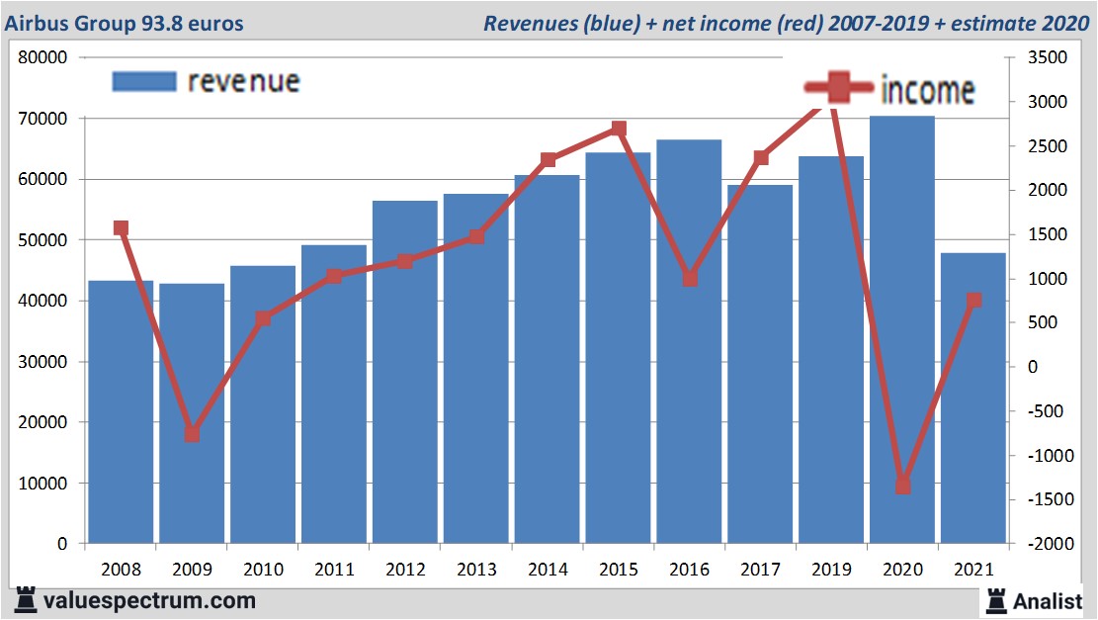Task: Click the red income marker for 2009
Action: (193, 434)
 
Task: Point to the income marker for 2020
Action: (902, 486)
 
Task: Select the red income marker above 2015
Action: (619, 129)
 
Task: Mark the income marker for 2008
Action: (122, 228)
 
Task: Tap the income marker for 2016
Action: (690, 279)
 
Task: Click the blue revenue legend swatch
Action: (143, 81)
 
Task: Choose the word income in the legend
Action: (927, 90)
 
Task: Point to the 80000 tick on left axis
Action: (43, 57)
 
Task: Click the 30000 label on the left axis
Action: (43, 362)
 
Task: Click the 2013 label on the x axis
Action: (476, 570)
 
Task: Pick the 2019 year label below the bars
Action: (831, 570)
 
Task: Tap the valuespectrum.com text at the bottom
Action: (149, 600)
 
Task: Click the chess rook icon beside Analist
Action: (995, 599)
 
